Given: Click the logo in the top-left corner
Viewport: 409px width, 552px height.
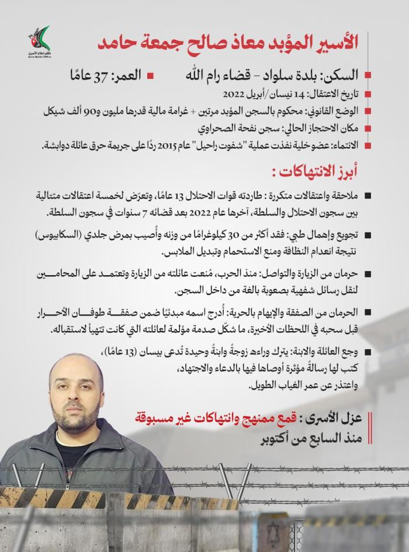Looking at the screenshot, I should tap(39, 40).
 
